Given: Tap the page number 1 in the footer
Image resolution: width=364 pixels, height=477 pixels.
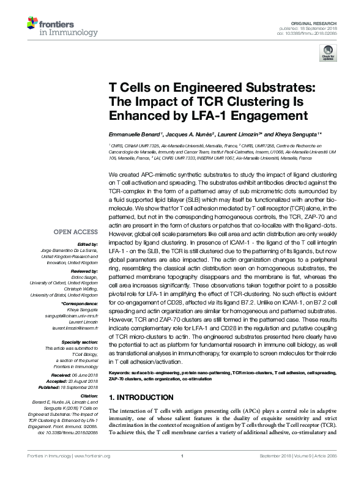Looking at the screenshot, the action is coord(182,473).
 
